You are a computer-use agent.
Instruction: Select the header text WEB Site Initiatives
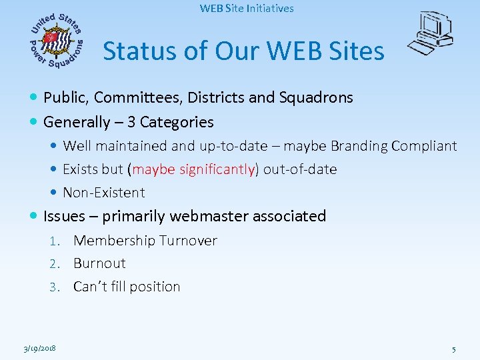pos(247,9)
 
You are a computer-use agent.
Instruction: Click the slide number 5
pos(453,349)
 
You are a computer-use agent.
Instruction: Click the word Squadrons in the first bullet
pos(317,97)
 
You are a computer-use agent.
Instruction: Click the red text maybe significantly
pos(194,169)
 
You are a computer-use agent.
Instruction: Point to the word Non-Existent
pos(103,193)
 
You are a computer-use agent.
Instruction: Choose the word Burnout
pos(99,263)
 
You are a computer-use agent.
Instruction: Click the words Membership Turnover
pos(145,241)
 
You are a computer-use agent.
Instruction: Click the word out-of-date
pos(300,169)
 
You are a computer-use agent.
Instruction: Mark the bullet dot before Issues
pos(35,216)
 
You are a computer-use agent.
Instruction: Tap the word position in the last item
pos(157,287)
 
